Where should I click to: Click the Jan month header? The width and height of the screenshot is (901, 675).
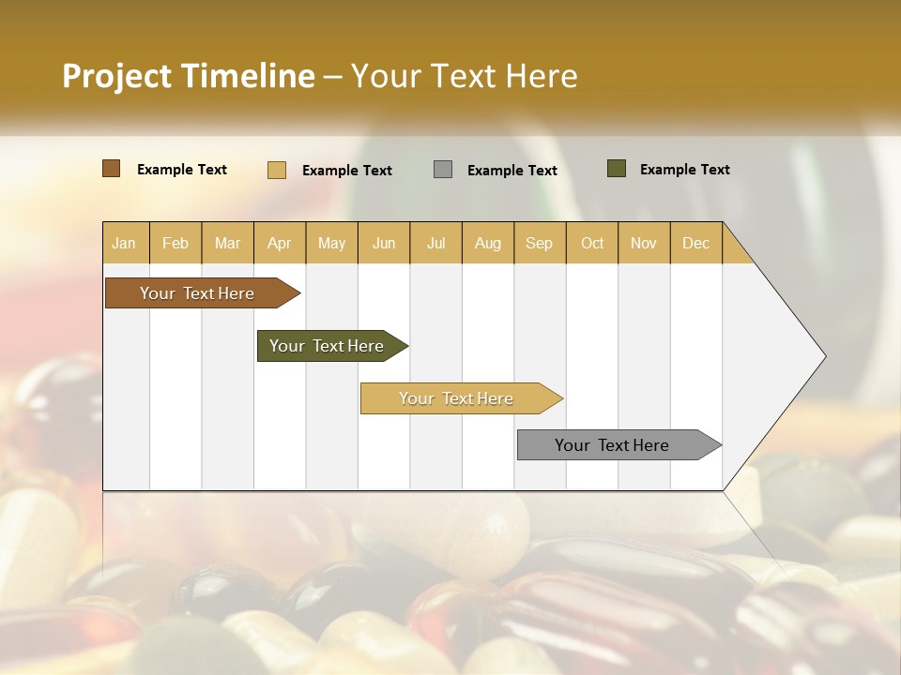coord(124,243)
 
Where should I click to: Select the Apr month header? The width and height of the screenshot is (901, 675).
coord(279,243)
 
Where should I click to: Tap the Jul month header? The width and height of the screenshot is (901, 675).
coord(435,243)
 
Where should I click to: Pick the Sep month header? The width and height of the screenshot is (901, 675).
coord(539,243)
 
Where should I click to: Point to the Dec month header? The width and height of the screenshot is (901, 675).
coord(695,243)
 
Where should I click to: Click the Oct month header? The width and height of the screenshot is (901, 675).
coord(592,243)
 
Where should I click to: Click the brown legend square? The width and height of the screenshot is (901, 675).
coord(111,169)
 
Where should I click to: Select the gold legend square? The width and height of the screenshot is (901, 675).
coord(276,170)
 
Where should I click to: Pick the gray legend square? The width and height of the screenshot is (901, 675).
coord(443,170)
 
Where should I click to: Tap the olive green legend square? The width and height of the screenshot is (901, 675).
coord(616,169)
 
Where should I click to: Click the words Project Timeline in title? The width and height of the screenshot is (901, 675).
coord(188,76)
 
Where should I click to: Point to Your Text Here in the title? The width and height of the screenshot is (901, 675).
coord(464,76)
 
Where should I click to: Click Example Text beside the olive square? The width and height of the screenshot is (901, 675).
coord(684,170)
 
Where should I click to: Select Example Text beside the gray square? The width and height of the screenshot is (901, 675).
coord(512,171)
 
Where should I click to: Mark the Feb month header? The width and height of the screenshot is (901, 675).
coord(176,243)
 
